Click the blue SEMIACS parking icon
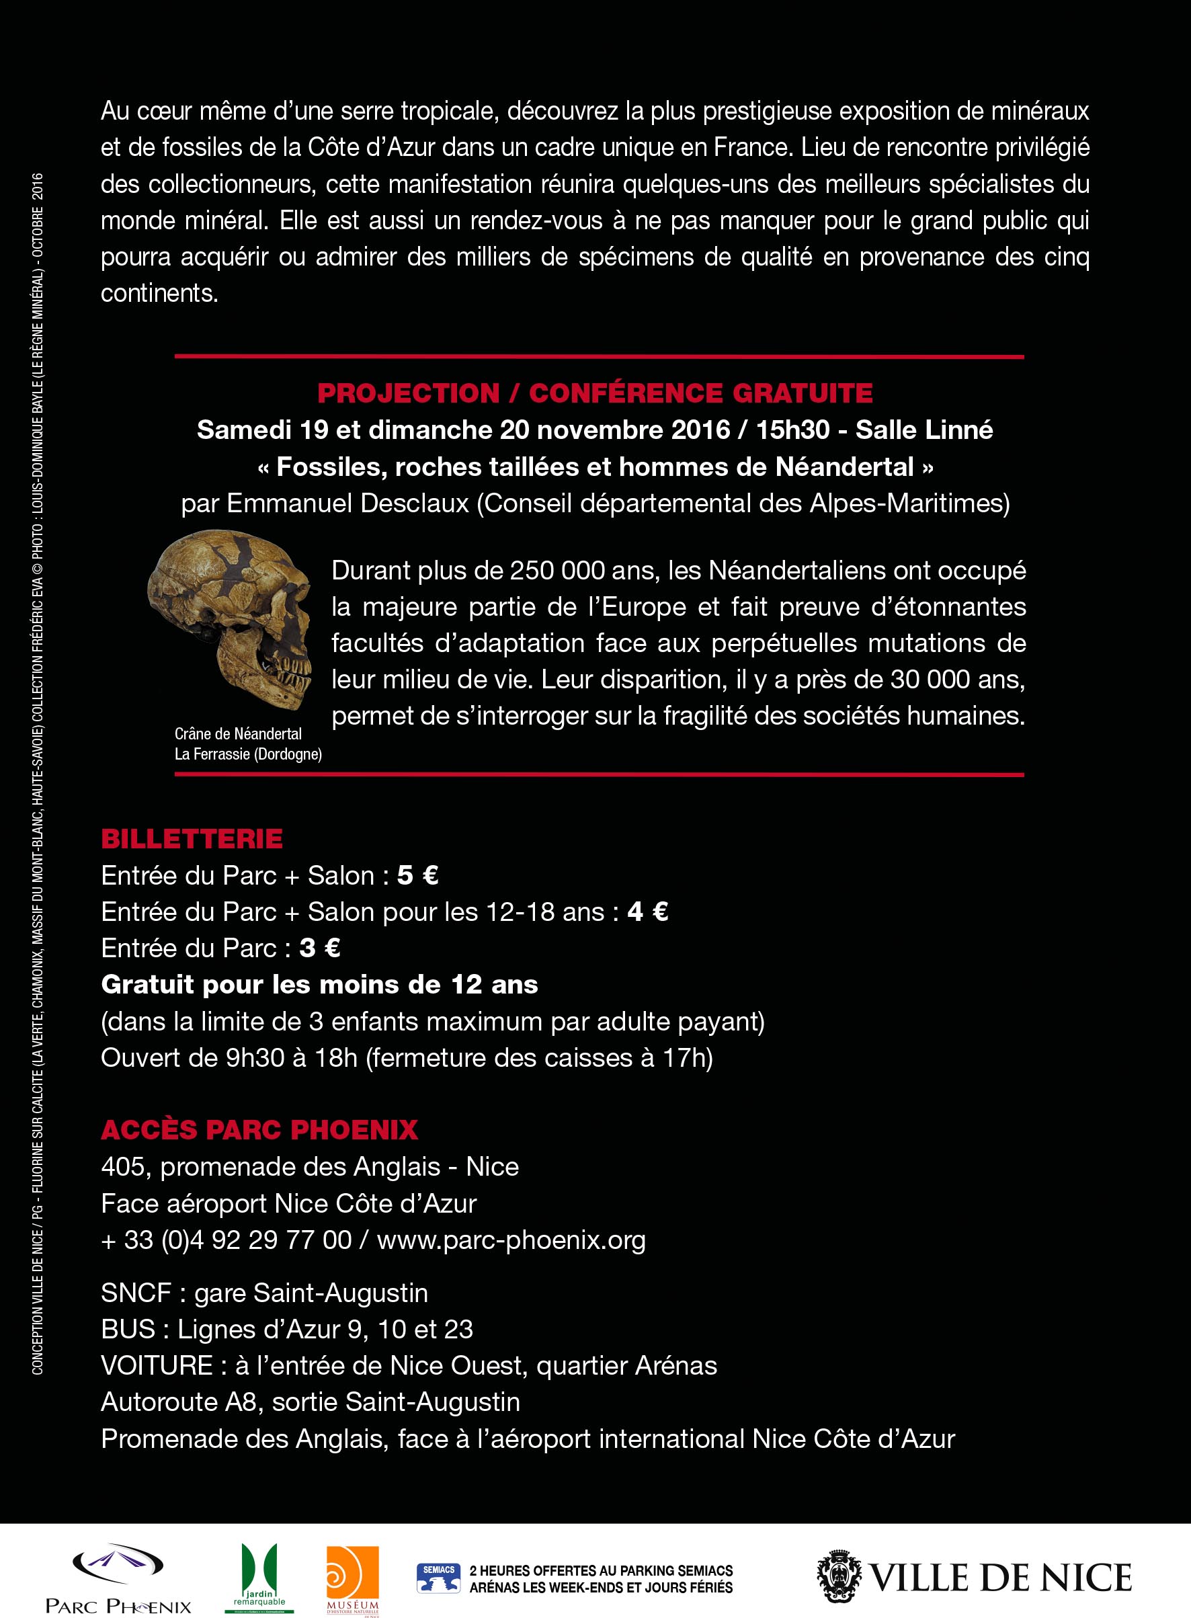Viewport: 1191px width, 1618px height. point(438,1577)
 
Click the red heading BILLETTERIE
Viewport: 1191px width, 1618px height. point(192,838)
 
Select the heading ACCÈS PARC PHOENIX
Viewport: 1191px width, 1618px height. point(259,1129)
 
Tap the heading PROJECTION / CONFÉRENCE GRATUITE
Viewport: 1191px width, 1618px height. point(595,393)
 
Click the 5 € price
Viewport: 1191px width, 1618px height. point(417,875)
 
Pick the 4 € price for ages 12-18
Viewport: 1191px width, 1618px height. point(647,912)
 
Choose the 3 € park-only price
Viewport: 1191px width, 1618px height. point(319,948)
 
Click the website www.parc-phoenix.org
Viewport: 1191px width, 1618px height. point(511,1240)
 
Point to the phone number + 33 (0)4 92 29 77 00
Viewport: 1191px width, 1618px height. point(227,1240)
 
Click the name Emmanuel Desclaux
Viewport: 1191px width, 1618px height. point(347,504)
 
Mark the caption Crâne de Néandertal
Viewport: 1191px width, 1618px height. point(238,734)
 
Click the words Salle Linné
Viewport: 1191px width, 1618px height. point(924,430)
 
